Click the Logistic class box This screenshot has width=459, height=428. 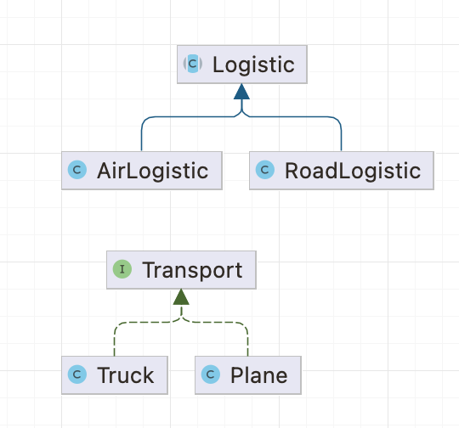click(x=242, y=65)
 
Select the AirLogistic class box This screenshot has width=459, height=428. click(x=142, y=171)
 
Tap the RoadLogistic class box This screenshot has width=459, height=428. click(x=342, y=171)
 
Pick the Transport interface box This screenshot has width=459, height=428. click(x=181, y=270)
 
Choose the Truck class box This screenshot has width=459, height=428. click(x=115, y=375)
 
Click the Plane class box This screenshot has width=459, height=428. click(x=248, y=375)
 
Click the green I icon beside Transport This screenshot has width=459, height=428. click(x=122, y=269)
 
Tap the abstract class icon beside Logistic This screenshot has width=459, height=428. click(x=193, y=64)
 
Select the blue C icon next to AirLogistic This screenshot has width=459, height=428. click(x=77, y=170)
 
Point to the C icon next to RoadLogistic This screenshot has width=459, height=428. click(x=265, y=170)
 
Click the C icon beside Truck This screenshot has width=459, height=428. click(x=77, y=374)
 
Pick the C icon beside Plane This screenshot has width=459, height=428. click(x=211, y=374)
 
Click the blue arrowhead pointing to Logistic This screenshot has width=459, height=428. click(x=241, y=92)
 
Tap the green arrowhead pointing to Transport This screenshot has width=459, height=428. click(x=181, y=297)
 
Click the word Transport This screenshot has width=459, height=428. click(x=192, y=270)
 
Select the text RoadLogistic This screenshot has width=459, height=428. click(x=353, y=171)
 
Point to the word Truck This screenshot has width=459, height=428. click(x=125, y=375)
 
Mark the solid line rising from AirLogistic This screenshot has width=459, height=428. click(x=182, y=117)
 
